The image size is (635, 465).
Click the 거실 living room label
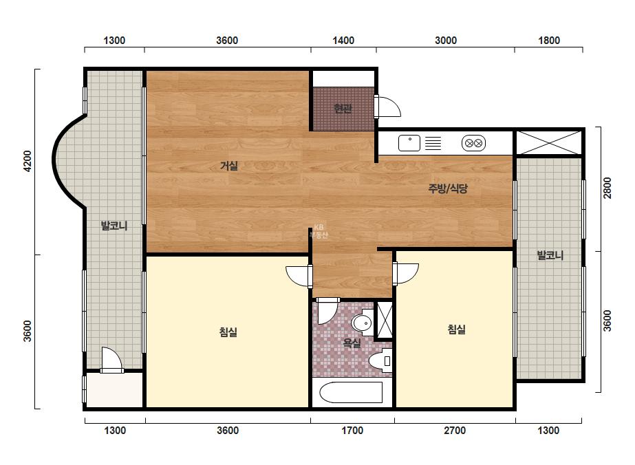tap(229, 165)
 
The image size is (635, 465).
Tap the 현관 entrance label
tap(343, 108)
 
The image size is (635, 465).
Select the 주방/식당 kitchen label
tap(448, 188)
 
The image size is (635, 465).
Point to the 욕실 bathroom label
tap(352, 343)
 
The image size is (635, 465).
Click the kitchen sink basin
tap(409, 143)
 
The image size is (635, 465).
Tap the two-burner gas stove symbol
tap(473, 143)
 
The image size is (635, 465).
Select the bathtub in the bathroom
tap(351, 392)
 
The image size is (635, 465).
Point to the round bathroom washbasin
tap(362, 323)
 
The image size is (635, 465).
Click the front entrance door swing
tap(387, 107)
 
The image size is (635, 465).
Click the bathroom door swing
tap(327, 311)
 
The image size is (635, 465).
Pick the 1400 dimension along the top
tap(343, 41)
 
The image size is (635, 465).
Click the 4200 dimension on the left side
tap(28, 161)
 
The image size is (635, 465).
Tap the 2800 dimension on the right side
tap(607, 188)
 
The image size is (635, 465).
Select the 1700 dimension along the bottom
tap(352, 430)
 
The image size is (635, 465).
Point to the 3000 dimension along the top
tap(446, 41)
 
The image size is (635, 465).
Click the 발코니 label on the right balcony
tap(550, 255)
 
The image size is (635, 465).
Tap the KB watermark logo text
tap(319, 228)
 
